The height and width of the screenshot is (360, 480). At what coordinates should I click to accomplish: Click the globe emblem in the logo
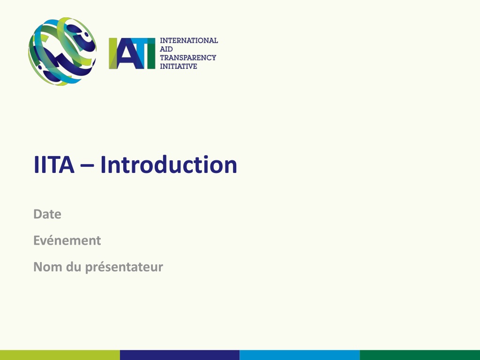pos(62,52)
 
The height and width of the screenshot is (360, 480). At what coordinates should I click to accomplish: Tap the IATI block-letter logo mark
pos(132,53)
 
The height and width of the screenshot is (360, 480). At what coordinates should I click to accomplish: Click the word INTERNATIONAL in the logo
pos(189,40)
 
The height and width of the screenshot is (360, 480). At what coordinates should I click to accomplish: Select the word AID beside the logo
pos(166,49)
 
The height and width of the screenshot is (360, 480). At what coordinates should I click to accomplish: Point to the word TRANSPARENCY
pos(188,58)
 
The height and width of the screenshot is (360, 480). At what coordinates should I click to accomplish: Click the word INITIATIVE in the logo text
pos(179,66)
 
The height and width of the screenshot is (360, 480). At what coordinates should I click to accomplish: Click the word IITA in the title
pos(54,165)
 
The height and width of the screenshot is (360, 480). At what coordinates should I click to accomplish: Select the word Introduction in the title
pos(169,165)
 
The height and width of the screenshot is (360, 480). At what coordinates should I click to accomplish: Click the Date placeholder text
pos(47,214)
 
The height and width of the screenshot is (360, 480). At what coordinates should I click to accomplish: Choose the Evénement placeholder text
pos(67,240)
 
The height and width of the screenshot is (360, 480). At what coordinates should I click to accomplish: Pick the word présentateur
pos(124,267)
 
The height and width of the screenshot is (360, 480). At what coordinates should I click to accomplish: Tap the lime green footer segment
pos(60,355)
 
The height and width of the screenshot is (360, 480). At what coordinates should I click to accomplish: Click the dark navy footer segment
pos(180,355)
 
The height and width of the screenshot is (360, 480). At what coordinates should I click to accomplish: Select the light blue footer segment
pos(300,355)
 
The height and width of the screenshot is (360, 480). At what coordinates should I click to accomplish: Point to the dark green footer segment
pos(420,355)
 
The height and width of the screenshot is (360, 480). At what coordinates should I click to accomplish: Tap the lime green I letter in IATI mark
pos(113,53)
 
